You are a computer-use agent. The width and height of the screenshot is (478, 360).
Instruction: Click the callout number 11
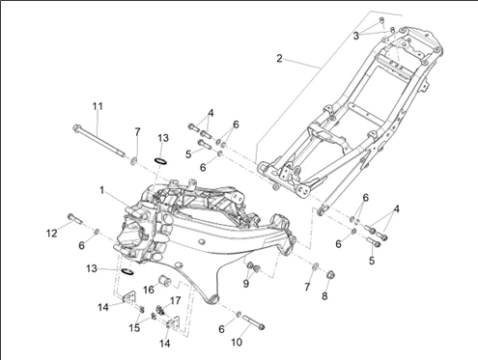tap(98, 106)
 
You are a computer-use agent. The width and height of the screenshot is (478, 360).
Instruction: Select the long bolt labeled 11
tap(99, 141)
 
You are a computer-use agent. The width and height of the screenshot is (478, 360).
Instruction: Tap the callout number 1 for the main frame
tap(101, 190)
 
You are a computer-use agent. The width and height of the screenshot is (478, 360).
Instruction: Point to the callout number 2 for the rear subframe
tap(279, 59)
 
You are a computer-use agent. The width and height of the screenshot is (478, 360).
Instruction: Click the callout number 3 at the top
tap(355, 36)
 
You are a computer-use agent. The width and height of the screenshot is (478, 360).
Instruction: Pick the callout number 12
tap(51, 234)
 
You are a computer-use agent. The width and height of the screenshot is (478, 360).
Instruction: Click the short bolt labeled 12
tap(75, 219)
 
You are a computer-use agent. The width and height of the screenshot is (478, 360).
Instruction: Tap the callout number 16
tap(149, 290)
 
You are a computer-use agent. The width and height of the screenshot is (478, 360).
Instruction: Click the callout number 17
tap(175, 301)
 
